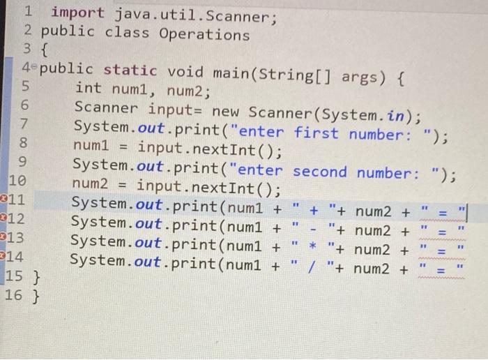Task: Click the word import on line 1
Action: [77, 13]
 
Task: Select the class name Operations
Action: [204, 33]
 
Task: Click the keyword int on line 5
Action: [88, 89]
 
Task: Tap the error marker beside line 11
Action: [3, 202]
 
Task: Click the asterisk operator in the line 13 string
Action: [313, 248]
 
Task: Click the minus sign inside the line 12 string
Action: [314, 228]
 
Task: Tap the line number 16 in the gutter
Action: [13, 296]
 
